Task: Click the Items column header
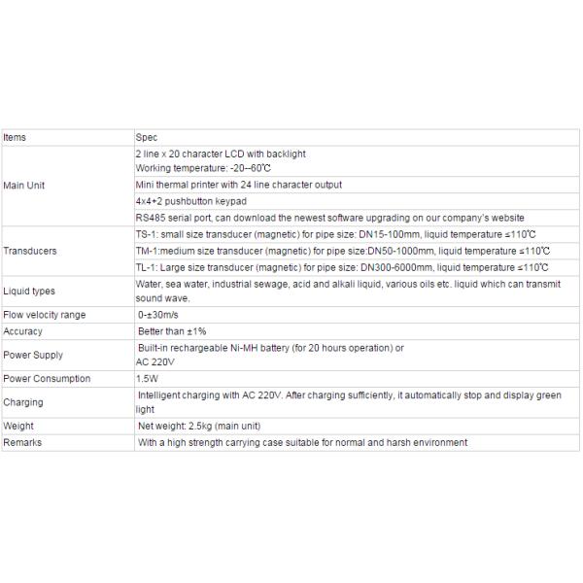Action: (x=15, y=138)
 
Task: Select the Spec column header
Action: (x=146, y=138)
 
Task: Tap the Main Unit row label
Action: (x=24, y=185)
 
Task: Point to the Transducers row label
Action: (x=30, y=251)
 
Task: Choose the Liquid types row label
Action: (x=29, y=291)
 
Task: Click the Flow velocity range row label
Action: (x=45, y=315)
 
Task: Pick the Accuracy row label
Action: (x=23, y=330)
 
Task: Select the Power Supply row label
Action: (x=33, y=355)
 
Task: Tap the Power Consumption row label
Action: (x=47, y=378)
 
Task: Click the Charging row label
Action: (x=23, y=402)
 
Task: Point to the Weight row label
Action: (x=19, y=426)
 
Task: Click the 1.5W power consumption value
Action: (x=148, y=378)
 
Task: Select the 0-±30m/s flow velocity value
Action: (x=159, y=315)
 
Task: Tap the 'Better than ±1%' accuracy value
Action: (x=172, y=330)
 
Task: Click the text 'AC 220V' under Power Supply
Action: (x=156, y=361)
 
